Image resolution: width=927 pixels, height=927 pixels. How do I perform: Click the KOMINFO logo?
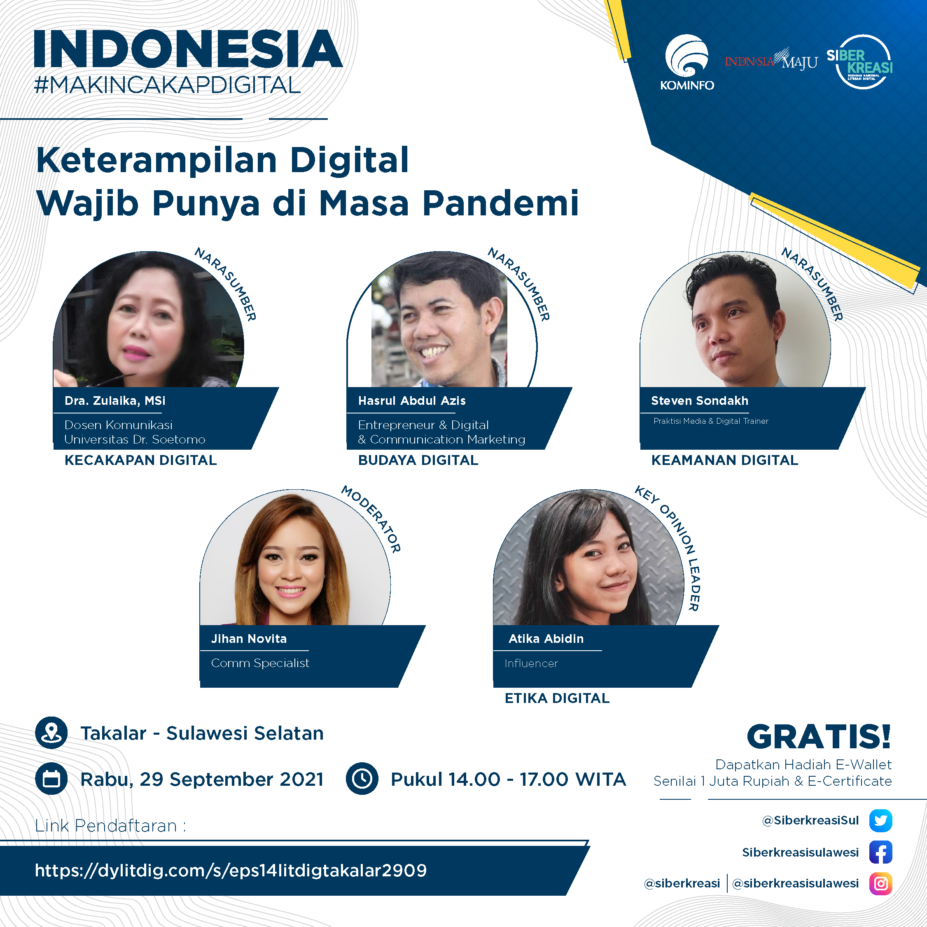(x=686, y=62)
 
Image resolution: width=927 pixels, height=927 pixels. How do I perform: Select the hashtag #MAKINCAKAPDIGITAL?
(x=168, y=85)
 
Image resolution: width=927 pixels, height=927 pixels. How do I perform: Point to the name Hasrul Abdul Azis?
(x=412, y=401)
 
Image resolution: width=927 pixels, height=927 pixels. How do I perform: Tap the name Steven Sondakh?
(x=700, y=401)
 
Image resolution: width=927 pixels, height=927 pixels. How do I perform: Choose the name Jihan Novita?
(x=249, y=639)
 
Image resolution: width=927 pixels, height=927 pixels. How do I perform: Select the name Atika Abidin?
(x=546, y=639)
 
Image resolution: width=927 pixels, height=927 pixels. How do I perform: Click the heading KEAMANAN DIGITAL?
(x=724, y=460)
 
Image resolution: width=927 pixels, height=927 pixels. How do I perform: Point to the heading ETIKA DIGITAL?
(x=557, y=698)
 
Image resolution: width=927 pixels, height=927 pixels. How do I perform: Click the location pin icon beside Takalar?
(x=51, y=733)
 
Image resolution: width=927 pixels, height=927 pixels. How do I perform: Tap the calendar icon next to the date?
(x=51, y=779)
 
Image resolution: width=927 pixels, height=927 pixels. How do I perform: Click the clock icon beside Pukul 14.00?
(x=362, y=779)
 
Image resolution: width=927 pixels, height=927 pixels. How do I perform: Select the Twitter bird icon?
(x=880, y=820)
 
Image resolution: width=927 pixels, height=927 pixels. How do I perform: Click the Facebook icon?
(x=880, y=852)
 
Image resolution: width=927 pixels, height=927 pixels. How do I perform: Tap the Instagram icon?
(x=880, y=884)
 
